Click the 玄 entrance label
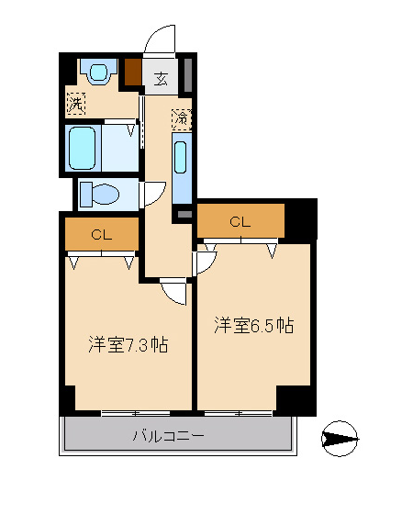pyautogui.click(x=161, y=79)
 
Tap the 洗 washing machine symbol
pyautogui.click(x=76, y=104)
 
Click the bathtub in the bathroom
pyautogui.click(x=83, y=148)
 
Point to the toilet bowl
pyautogui.click(x=100, y=195)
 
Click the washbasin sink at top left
pyautogui.click(x=99, y=72)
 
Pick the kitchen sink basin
pyautogui.click(x=181, y=157)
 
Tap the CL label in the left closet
pyautogui.click(x=102, y=235)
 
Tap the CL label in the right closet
pyautogui.click(x=240, y=222)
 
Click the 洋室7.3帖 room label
pyautogui.click(x=128, y=344)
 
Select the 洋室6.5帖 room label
pyautogui.click(x=254, y=325)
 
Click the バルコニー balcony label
pyautogui.click(x=169, y=436)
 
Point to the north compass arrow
pyautogui.click(x=340, y=439)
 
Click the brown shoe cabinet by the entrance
pyautogui.click(x=133, y=72)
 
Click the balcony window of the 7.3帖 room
pyautogui.click(x=136, y=413)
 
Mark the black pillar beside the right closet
pyautogui.click(x=301, y=219)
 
